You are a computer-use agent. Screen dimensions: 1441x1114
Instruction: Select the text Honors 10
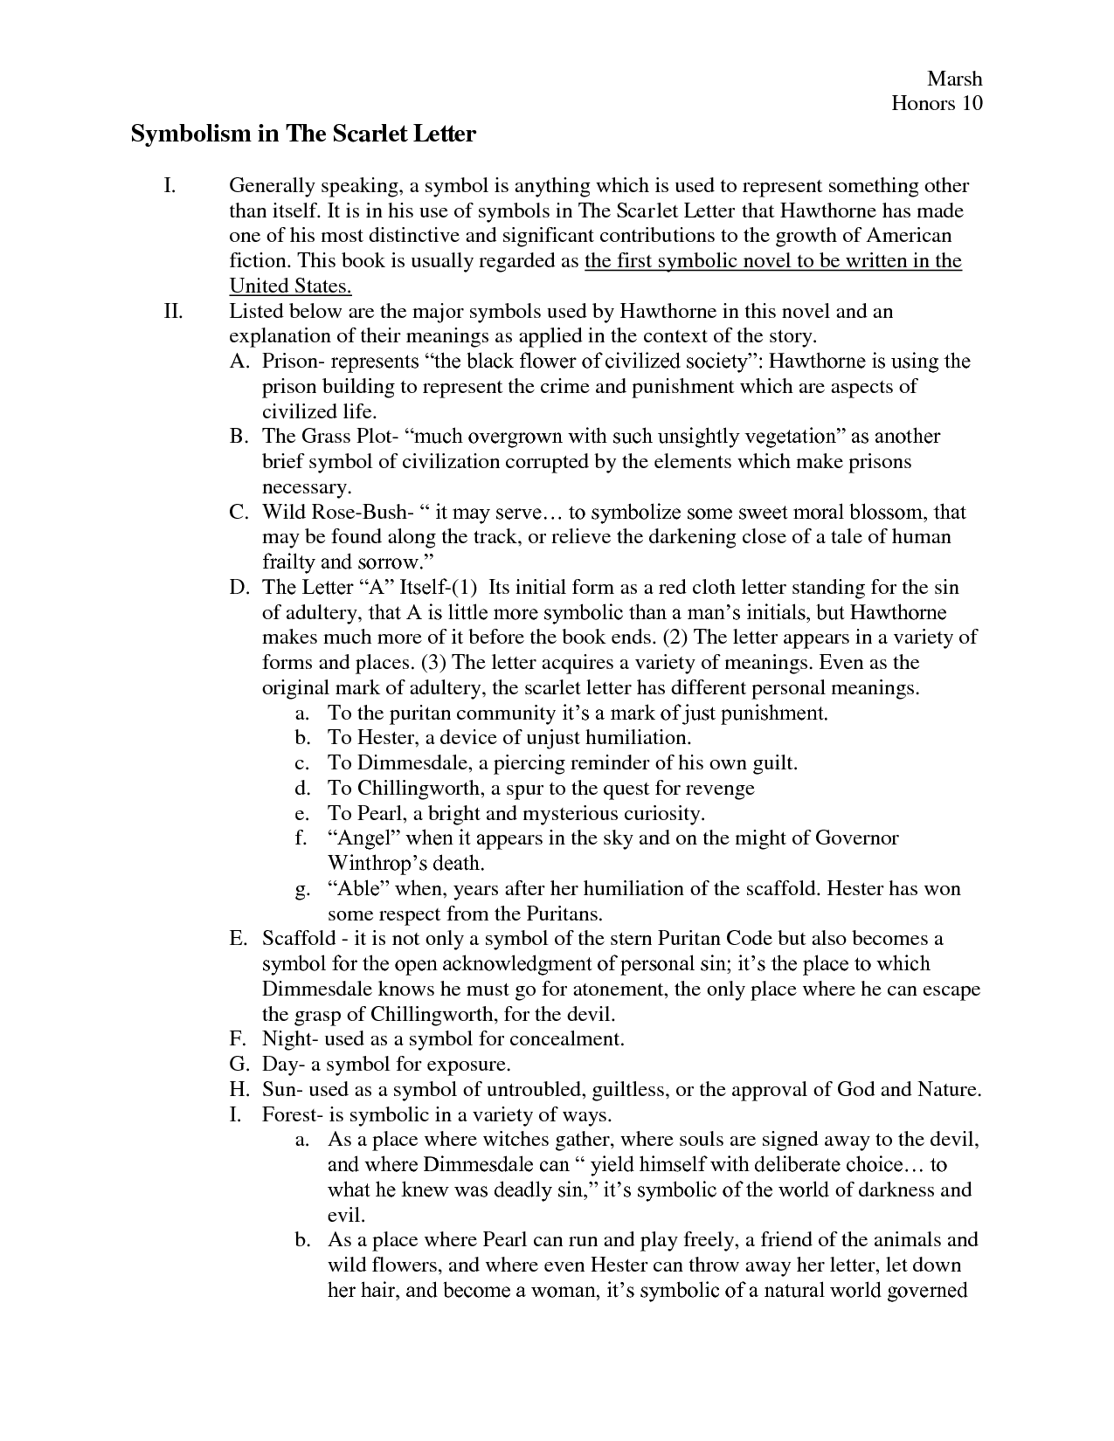(937, 104)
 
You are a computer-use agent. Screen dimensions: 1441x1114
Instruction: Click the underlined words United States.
(290, 286)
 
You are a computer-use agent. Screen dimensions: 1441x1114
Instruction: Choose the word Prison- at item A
(291, 362)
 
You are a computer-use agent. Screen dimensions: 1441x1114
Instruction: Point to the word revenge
(719, 789)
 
